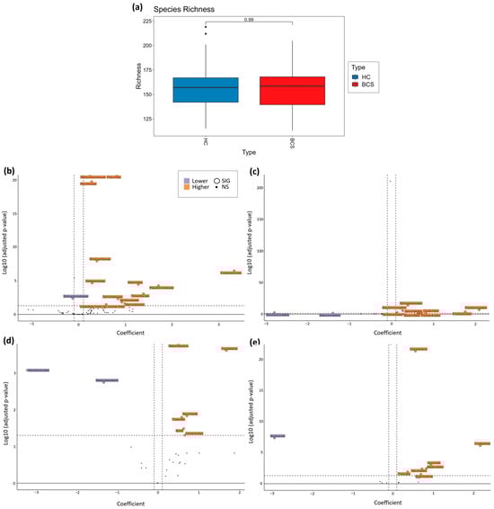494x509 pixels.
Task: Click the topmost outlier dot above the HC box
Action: click(206, 27)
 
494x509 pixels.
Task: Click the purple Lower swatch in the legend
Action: click(185, 181)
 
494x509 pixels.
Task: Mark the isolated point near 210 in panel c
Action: click(390, 181)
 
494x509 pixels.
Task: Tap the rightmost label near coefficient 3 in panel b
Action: click(231, 272)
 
